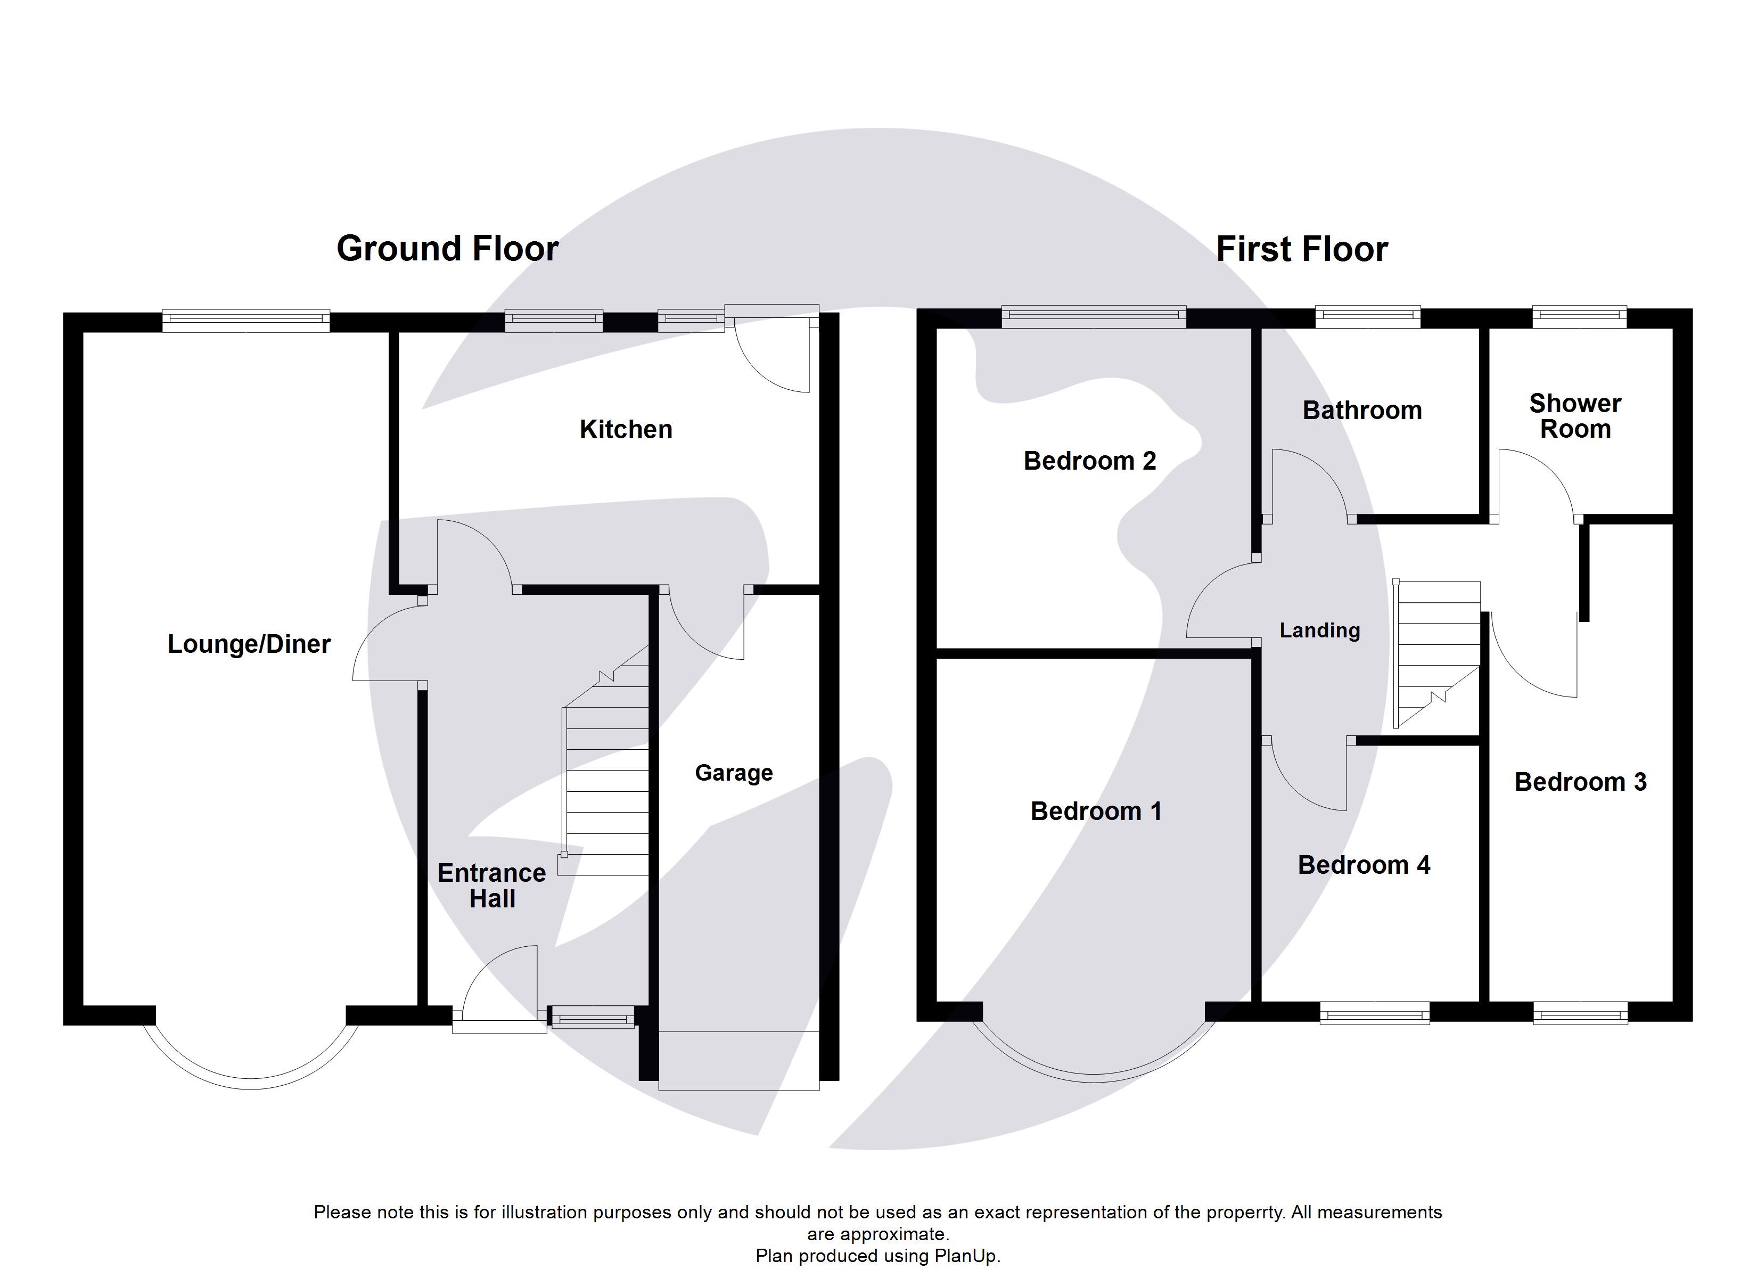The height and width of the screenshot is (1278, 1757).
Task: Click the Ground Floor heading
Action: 447,249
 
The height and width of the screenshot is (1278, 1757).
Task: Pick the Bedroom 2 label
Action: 1089,461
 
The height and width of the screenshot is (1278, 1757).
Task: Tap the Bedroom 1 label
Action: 1095,812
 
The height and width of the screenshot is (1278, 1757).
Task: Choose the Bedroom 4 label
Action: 1364,865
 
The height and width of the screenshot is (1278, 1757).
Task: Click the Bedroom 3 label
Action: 1580,782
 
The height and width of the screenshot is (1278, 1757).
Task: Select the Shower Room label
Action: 1575,416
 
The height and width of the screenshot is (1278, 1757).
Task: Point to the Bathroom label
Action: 1362,410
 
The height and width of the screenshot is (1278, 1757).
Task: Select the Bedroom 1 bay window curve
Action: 1094,1077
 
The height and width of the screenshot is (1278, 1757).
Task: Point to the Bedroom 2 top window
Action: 1093,316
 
